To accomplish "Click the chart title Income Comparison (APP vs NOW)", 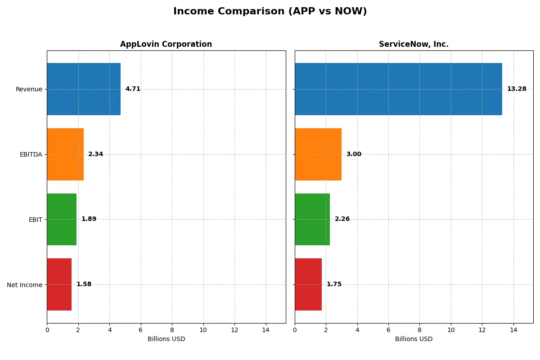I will (270, 12).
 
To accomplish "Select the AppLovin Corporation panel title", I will (166, 45).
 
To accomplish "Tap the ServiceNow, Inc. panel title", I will (414, 45).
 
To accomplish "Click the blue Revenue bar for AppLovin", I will (84, 89).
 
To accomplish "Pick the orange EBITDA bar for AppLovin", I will (65, 154).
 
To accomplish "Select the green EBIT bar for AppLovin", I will (62, 219).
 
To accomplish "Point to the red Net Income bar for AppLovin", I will (59, 284).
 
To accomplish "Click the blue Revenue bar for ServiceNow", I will (398, 89).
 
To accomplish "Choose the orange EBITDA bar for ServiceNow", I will (318, 154).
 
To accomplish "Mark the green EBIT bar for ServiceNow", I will (312, 219).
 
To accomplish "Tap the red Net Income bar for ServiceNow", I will (308, 284).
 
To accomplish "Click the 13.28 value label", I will (516, 89).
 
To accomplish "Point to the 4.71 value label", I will (133, 89).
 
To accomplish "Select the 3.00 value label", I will (354, 154).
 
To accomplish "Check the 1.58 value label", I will (84, 284).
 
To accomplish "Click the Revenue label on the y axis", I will (29, 90).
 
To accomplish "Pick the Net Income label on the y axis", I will (25, 285).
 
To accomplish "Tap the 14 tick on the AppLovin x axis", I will (265, 330).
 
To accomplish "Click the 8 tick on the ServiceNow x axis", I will (419, 330).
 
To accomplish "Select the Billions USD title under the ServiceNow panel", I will (414, 339).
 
